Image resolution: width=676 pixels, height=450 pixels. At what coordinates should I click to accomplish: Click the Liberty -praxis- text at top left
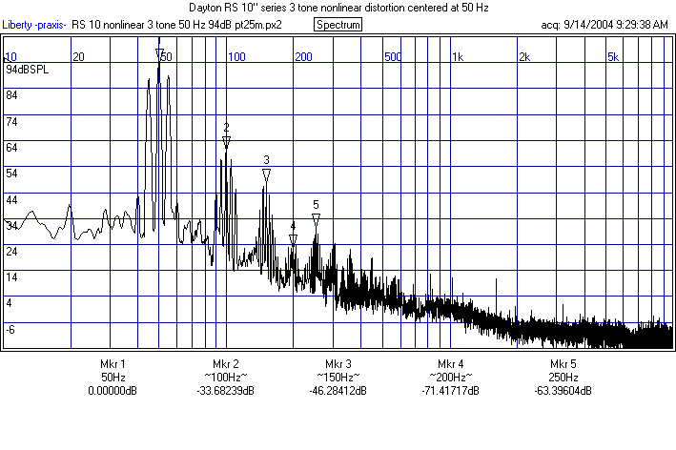34,24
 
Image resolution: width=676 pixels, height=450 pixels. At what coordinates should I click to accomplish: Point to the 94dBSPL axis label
26,70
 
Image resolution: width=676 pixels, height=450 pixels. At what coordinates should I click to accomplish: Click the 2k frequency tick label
523,57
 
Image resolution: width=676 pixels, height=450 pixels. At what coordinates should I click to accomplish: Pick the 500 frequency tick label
393,57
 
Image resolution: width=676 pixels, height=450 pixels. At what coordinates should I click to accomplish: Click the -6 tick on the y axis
11,329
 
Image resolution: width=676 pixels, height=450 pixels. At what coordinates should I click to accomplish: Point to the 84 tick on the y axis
12,95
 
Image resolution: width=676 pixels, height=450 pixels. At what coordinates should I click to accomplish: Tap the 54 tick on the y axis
12,174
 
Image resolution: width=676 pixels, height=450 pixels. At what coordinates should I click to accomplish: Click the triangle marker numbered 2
226,142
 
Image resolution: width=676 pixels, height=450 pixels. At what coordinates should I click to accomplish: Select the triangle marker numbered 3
266,174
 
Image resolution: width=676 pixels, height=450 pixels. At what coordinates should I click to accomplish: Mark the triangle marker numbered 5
316,218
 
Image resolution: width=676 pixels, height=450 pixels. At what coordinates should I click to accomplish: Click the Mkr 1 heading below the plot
113,364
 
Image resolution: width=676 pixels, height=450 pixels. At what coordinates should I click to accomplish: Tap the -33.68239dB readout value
227,391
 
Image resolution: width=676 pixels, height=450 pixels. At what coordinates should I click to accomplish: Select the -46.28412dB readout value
338,391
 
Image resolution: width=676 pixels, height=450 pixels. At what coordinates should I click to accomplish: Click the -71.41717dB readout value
451,391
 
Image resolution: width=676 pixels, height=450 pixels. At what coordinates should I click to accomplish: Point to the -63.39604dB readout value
563,391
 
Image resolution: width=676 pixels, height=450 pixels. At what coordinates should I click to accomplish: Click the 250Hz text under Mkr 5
563,378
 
